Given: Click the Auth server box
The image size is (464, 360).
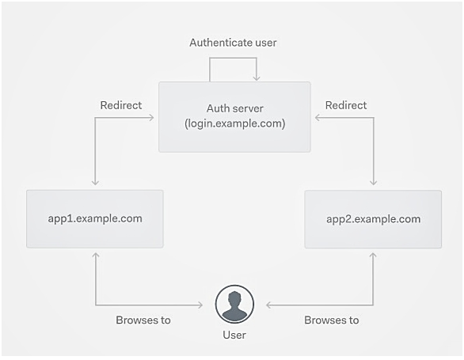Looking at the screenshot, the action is pos(234,117).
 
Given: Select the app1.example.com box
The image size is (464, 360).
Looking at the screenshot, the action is pos(95,218).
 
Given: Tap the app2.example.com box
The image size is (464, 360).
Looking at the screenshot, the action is pos(373,219).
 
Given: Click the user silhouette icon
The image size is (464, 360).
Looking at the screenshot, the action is pos(234,304).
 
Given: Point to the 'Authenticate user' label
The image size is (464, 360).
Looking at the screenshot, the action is pos(233,43).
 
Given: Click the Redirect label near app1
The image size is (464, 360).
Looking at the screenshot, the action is pos(121,105).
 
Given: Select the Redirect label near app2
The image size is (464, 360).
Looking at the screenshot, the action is pos(346,105).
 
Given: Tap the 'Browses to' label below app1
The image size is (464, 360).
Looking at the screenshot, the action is pos(143,320).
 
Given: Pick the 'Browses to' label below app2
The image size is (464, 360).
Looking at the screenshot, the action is pos(332,320).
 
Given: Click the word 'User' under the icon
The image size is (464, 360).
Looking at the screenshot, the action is pos(234,335).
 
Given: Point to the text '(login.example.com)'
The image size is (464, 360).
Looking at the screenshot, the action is pos(235,123).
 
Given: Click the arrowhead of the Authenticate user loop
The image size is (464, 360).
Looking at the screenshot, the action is pos(257,78).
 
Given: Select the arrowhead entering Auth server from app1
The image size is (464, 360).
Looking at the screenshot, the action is pos(151,118).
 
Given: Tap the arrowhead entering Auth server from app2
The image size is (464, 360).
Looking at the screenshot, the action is pos(318,118).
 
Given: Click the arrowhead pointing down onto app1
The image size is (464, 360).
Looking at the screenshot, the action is pos(95,182).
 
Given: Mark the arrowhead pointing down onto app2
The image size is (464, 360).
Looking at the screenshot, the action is pos(373,182).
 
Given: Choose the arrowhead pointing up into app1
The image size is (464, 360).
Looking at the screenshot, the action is pos(95,256).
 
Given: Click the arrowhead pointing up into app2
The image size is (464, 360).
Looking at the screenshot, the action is pos(373,256).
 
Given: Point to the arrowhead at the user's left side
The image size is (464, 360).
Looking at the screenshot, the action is pos(200,305).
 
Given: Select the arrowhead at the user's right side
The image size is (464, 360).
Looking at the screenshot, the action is pos(269,305).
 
